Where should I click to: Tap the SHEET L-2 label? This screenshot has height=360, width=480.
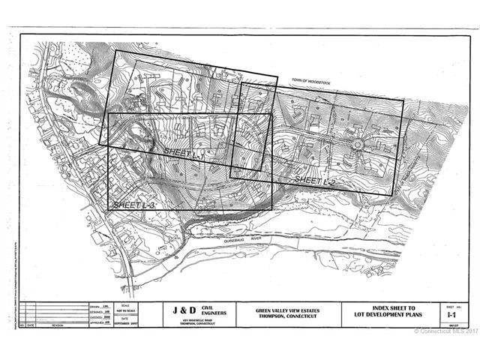(313, 181)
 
